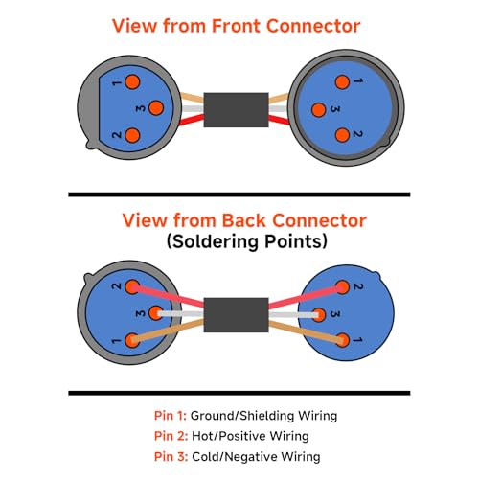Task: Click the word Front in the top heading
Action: (236, 26)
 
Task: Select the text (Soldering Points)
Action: (247, 241)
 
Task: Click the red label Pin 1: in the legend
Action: (170, 416)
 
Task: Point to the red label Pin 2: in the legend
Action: (171, 436)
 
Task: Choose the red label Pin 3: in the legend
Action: (171, 456)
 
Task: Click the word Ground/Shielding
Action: (242, 416)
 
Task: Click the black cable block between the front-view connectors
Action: (236, 110)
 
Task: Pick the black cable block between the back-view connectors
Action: (236, 315)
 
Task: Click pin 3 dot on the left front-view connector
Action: (156, 108)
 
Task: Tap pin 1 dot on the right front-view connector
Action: (342, 82)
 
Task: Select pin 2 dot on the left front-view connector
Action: (132, 135)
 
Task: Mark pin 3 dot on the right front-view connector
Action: (318, 110)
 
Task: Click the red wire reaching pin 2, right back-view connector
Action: (306, 298)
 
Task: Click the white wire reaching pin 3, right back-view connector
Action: (294, 315)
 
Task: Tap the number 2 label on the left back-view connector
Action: (117, 285)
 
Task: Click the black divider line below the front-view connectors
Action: (239, 194)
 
